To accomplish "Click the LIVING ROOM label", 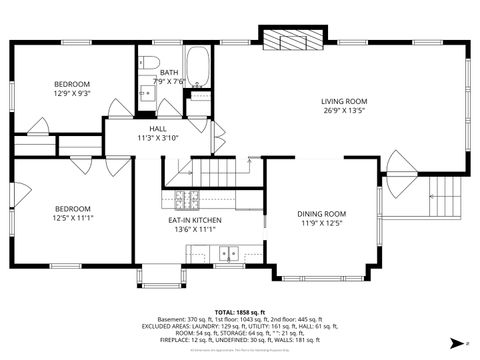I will (345, 101).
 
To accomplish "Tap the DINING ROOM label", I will (321, 214).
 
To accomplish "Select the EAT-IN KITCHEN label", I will (194, 220).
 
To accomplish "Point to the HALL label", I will (158, 129).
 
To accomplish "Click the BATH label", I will (169, 72).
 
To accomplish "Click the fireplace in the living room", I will (287, 39).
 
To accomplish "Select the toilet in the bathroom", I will (150, 65).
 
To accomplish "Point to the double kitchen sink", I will (229, 253).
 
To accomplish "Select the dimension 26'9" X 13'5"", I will (345, 111).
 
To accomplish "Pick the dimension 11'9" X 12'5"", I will (321, 224).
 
